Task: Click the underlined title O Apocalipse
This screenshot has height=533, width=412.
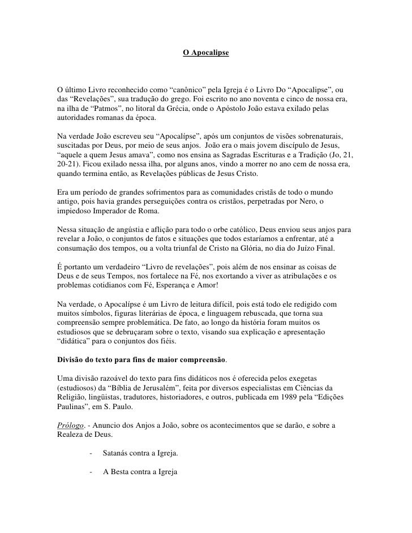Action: (206, 53)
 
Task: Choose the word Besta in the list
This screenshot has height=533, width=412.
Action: (121, 470)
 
